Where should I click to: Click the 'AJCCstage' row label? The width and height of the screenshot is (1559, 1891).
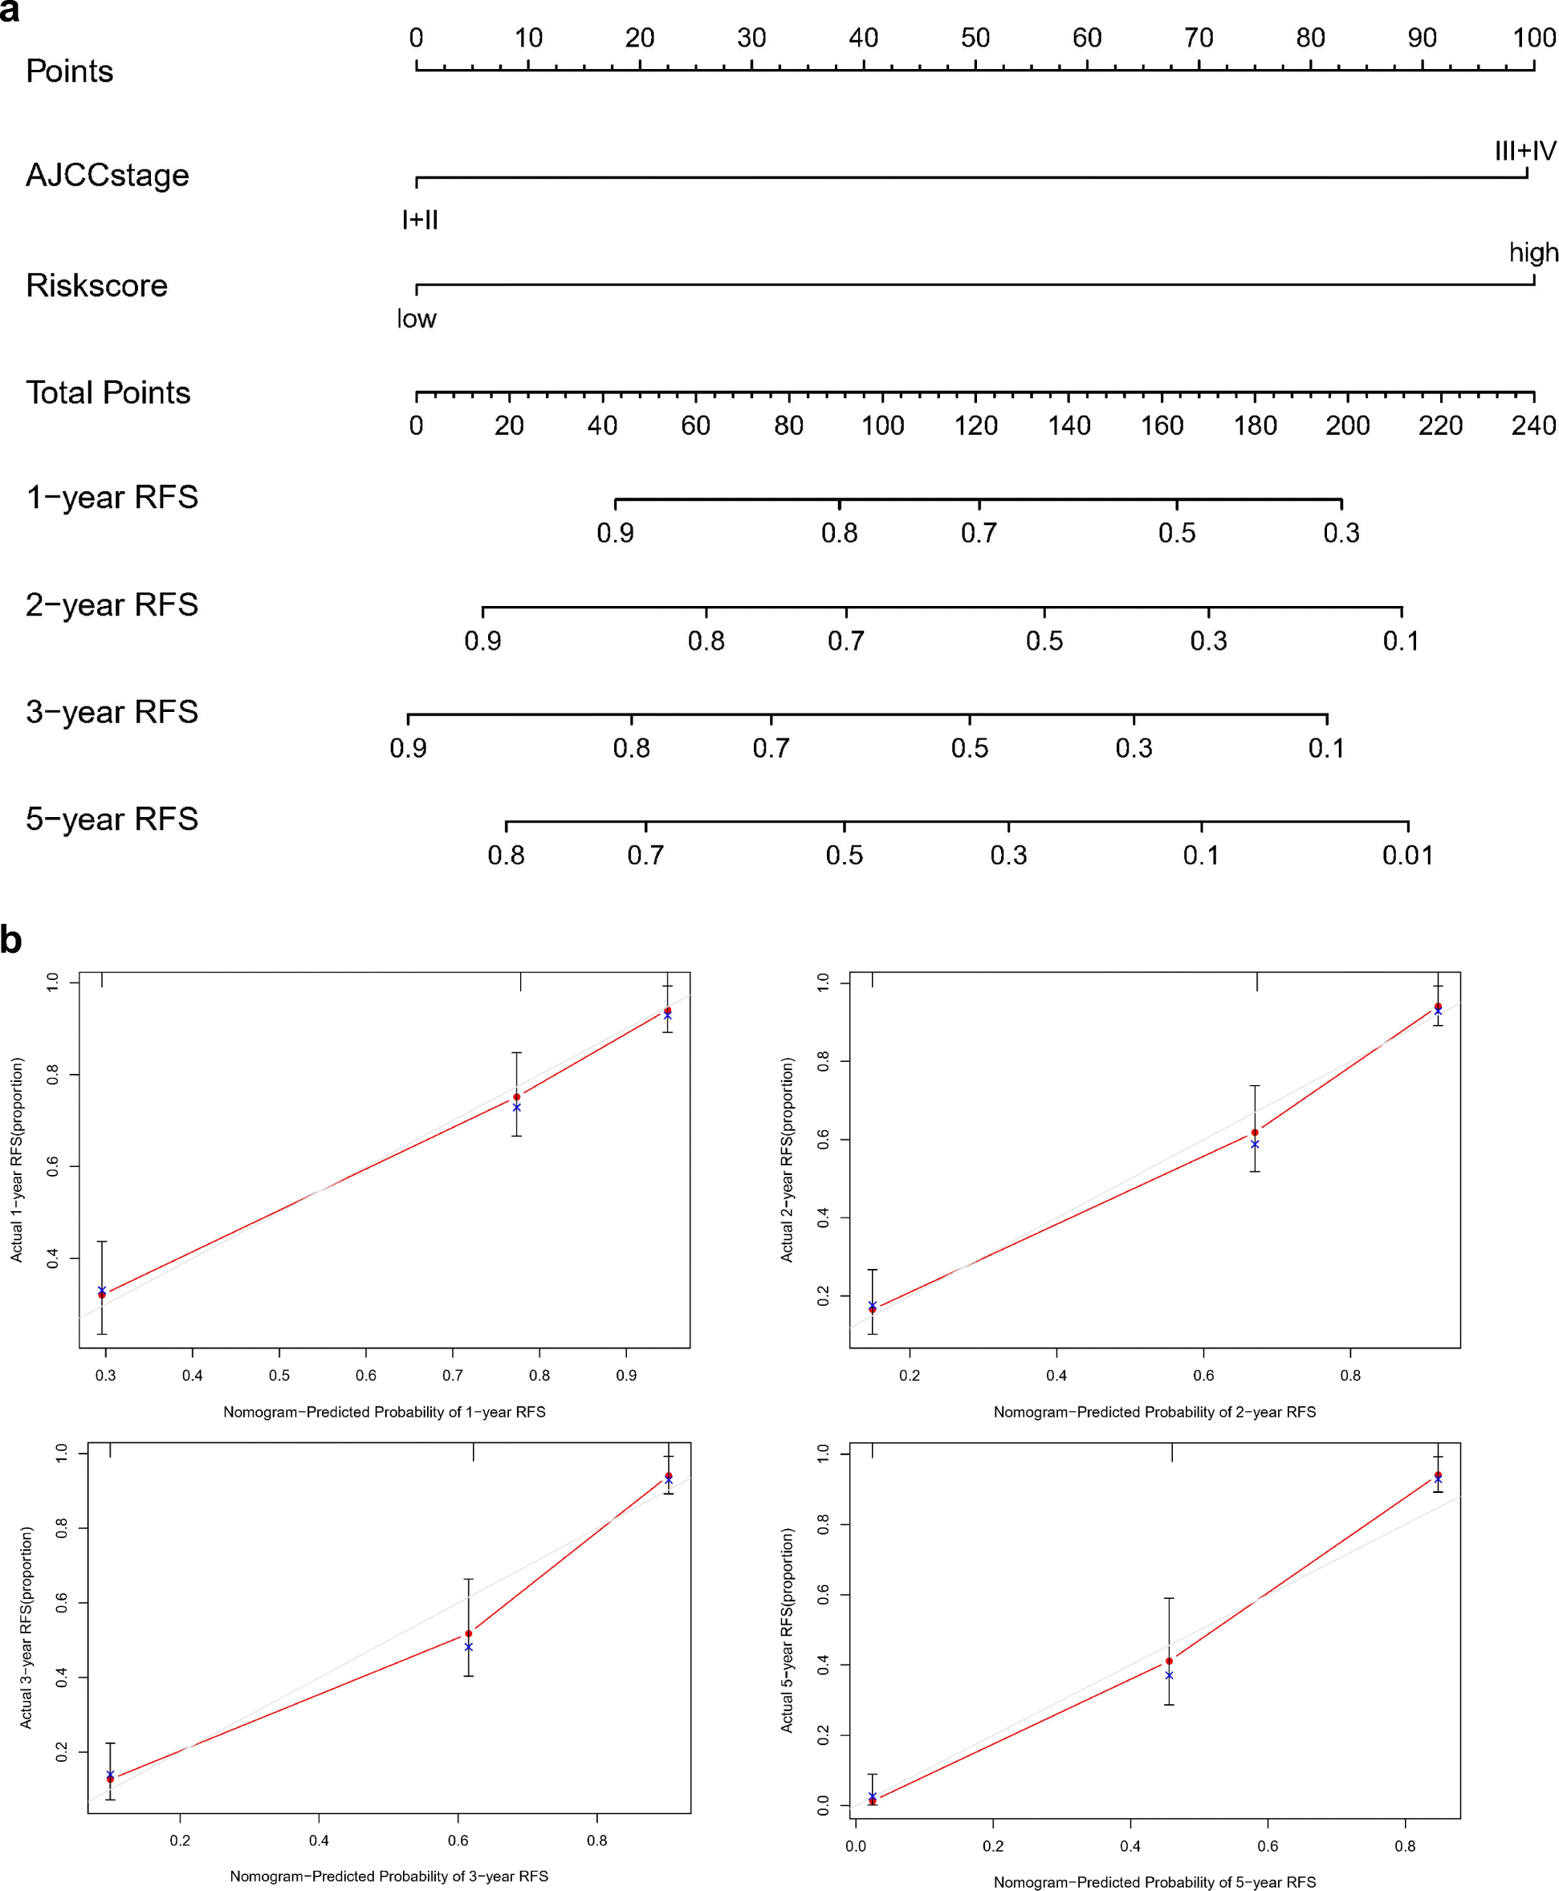[x=107, y=175]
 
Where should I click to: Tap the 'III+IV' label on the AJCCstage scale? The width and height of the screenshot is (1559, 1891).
[x=1524, y=151]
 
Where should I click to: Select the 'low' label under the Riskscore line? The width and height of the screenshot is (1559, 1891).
[x=417, y=319]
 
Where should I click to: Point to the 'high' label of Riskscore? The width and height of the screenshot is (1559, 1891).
[x=1533, y=252]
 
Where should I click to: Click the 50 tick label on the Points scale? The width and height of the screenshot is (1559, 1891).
[x=975, y=38]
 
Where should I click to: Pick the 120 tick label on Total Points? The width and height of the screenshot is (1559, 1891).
[x=975, y=425]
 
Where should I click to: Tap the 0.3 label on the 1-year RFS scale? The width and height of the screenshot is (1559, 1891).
[x=1341, y=534]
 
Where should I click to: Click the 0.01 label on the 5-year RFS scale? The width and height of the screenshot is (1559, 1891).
[x=1407, y=856]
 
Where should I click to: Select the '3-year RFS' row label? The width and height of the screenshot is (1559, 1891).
[x=112, y=712]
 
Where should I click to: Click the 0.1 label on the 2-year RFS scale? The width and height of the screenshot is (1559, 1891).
[x=1400, y=641]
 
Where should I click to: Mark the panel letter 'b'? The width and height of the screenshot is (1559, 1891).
[x=10, y=940]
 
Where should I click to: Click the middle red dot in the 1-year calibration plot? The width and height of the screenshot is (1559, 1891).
[x=516, y=1097]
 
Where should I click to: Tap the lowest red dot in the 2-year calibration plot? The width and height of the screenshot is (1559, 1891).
[x=872, y=1310]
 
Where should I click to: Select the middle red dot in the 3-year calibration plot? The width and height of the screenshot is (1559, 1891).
[x=469, y=1634]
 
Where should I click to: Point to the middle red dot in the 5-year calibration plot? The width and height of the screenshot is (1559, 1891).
[x=1168, y=1662]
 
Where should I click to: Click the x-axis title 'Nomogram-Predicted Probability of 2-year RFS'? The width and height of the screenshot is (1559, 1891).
[x=1154, y=1413]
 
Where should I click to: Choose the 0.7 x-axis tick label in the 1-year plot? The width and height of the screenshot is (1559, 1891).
[x=453, y=1376]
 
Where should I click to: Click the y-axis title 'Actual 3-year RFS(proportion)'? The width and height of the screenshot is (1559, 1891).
[x=27, y=1628]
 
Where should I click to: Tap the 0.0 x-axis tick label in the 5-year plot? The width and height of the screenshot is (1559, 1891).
[x=855, y=1847]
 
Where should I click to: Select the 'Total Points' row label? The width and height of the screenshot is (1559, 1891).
[x=108, y=393]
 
